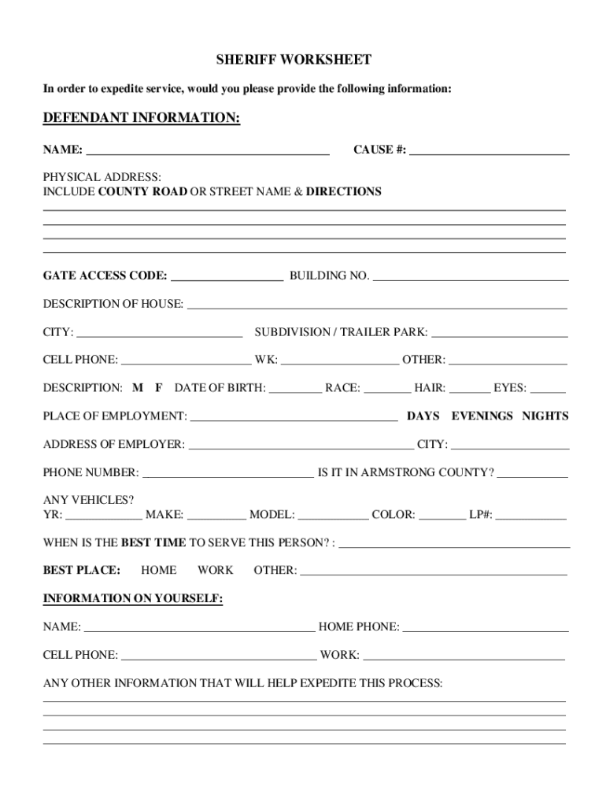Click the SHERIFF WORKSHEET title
[x=294, y=60]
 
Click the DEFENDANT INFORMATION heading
[x=141, y=118]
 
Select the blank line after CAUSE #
[x=489, y=151]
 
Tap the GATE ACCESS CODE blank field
[x=227, y=277]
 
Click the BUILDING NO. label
[x=329, y=275]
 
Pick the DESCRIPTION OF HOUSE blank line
[x=376, y=305]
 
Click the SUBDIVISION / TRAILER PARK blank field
[x=499, y=334]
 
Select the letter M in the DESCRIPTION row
[x=138, y=388]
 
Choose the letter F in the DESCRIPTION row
[x=158, y=388]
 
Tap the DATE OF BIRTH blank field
[x=295, y=390]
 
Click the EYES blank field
[x=548, y=390]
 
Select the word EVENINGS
[x=482, y=416]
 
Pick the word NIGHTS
[x=545, y=416]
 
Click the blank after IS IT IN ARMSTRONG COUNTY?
[x=532, y=475]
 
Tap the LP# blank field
[x=530, y=517]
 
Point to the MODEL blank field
[x=333, y=517]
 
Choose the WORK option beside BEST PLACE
[x=215, y=570]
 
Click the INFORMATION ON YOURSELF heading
[x=132, y=599]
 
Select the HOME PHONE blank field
[x=485, y=629]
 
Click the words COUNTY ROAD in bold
[x=142, y=191]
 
